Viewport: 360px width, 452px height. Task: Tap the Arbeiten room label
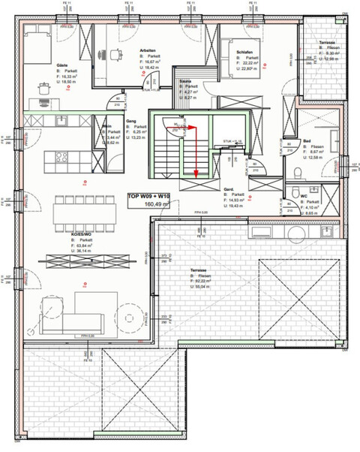(147, 50)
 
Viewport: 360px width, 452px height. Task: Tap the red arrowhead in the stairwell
(196, 173)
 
